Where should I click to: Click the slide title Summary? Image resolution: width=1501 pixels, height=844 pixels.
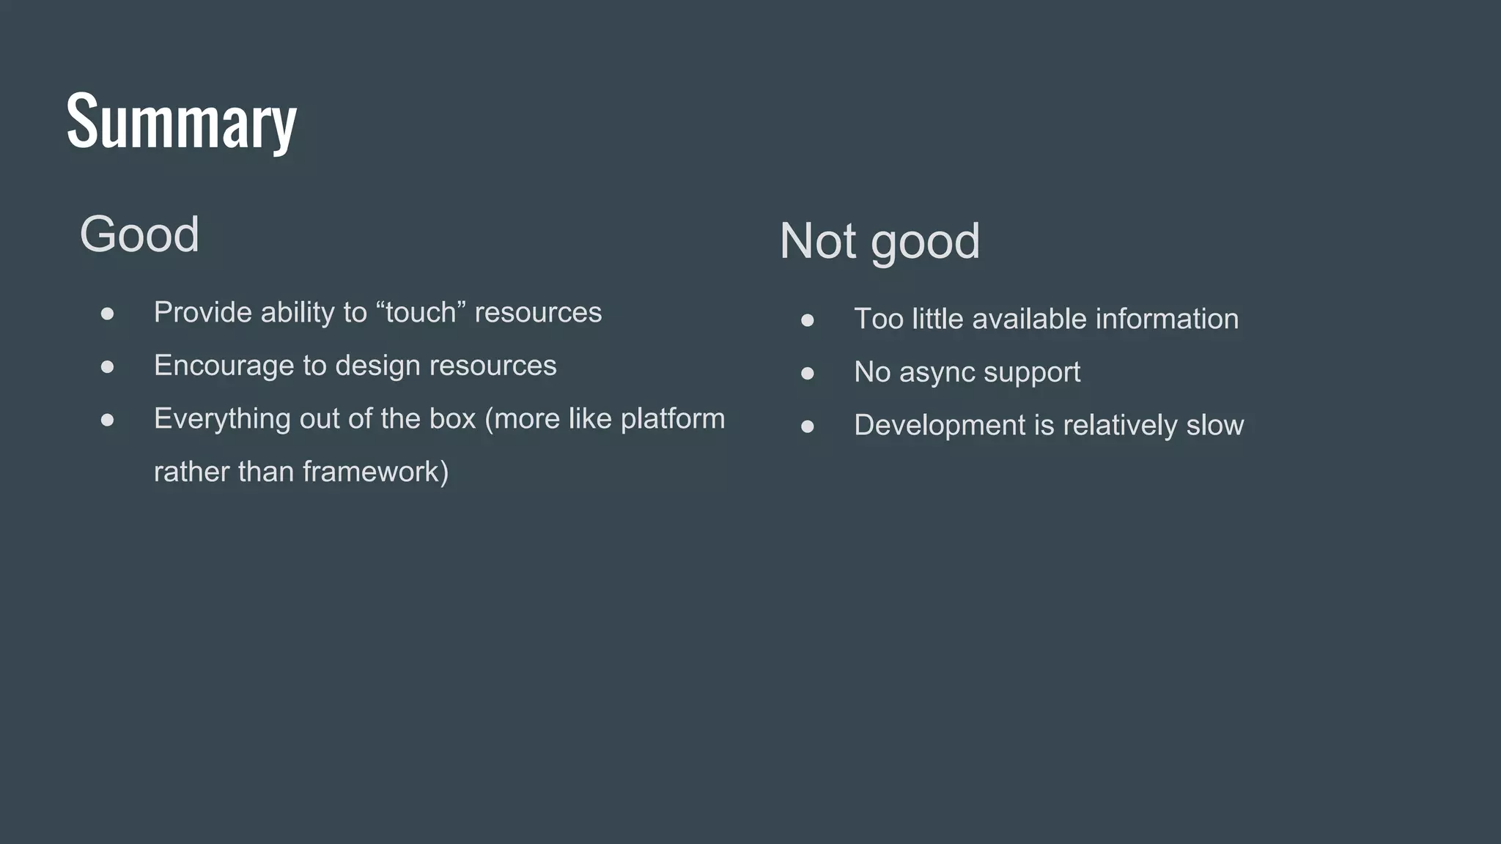click(x=181, y=121)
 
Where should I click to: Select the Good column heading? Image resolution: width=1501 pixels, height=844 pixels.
click(x=139, y=234)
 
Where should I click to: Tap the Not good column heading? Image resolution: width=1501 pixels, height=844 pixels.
click(x=879, y=241)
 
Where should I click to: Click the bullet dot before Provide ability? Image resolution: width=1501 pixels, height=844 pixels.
click(x=108, y=314)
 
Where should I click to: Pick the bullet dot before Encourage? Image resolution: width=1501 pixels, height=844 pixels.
click(x=108, y=366)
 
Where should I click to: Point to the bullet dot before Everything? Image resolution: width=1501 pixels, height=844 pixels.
click(x=108, y=420)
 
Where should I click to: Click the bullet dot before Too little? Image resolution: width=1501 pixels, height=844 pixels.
click(x=808, y=320)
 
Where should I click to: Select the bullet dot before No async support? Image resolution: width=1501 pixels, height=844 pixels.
click(x=808, y=374)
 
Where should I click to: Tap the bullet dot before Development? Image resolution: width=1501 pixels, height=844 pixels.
click(x=808, y=426)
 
